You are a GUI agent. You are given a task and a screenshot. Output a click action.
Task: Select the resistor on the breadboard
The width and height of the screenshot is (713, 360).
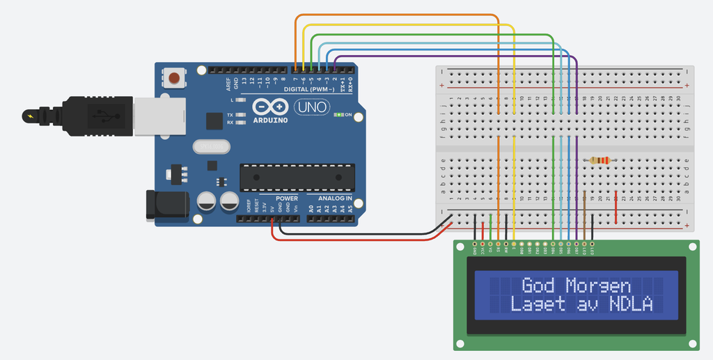coord(600,161)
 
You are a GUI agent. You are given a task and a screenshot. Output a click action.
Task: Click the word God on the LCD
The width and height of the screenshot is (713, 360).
coord(538,285)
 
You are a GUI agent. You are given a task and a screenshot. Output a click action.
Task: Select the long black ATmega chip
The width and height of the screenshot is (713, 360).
coord(297,177)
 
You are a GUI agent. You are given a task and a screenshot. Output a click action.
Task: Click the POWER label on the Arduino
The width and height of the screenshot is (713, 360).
coord(286,198)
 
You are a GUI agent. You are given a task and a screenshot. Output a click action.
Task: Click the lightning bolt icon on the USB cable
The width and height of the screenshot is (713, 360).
coord(29,114)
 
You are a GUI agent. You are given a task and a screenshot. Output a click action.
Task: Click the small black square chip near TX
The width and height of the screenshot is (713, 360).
coord(214,121)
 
